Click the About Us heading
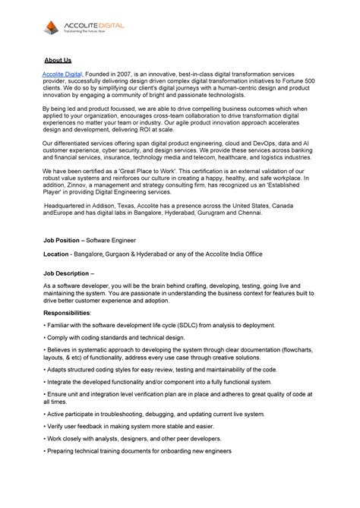click(57, 59)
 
